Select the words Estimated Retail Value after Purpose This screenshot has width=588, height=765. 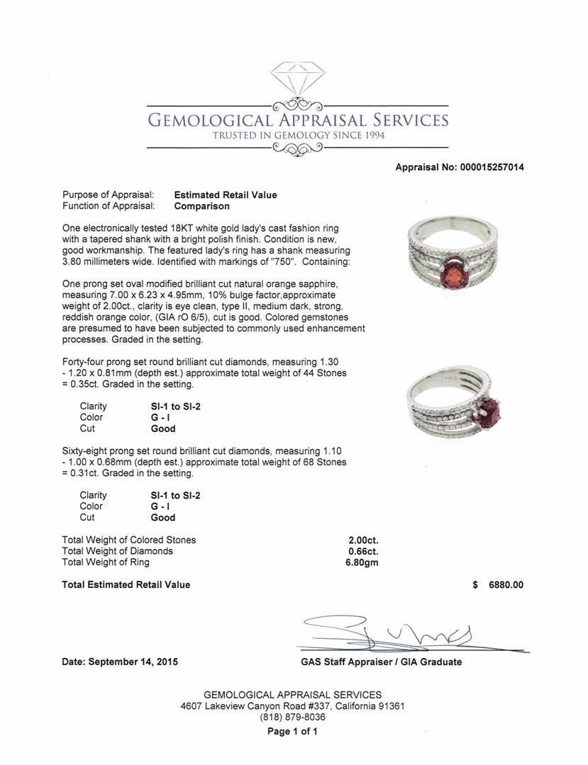(226, 195)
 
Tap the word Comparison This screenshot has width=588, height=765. (202, 206)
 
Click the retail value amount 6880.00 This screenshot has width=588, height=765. (506, 585)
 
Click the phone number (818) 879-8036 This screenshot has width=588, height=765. (292, 717)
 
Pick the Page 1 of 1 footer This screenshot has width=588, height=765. (292, 732)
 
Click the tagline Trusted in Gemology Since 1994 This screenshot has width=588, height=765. (299, 135)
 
